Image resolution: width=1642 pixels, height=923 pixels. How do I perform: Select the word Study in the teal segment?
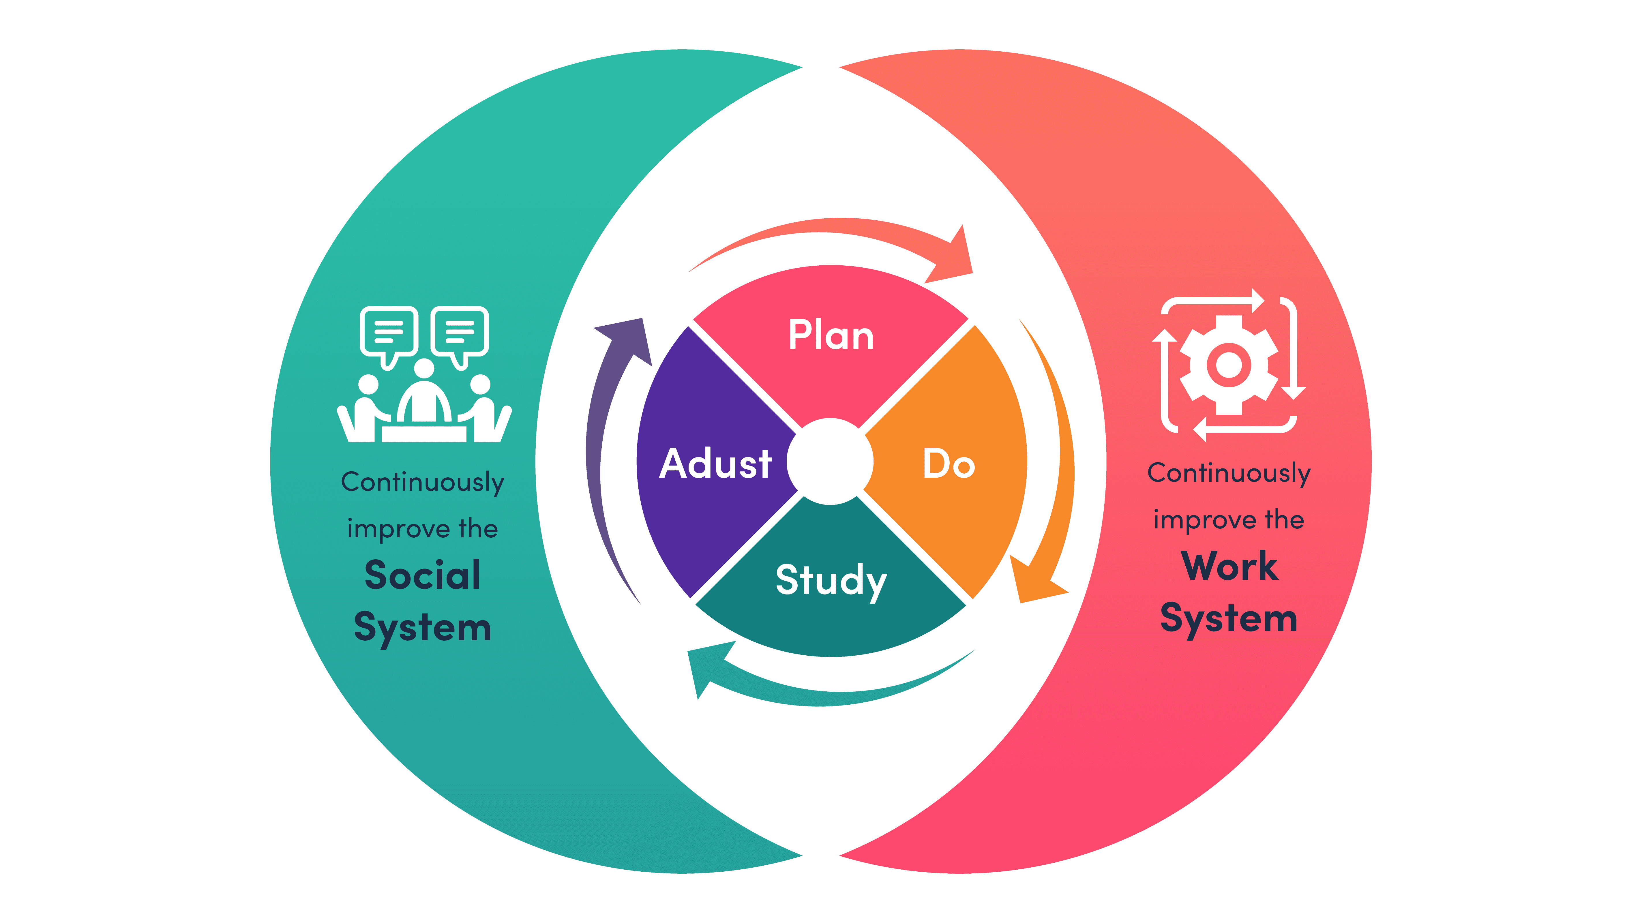(831, 580)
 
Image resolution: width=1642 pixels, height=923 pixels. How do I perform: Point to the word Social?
(422, 575)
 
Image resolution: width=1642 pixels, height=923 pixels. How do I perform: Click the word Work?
(1229, 566)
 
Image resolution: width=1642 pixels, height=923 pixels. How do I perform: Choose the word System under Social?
(422, 628)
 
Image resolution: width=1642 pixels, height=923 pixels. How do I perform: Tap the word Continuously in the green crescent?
(422, 483)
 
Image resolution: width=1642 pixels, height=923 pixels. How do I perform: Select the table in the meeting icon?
(424, 434)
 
